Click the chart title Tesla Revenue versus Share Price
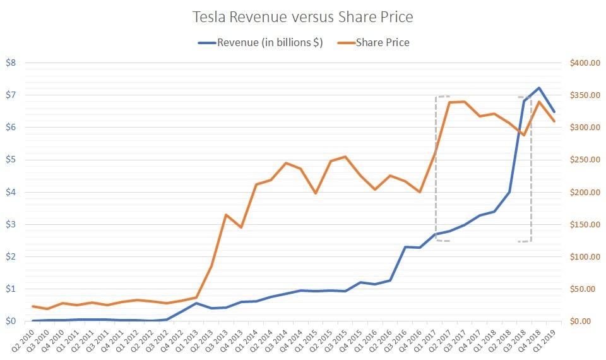pyautogui.click(x=302, y=16)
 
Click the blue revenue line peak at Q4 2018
pyautogui.click(x=538, y=88)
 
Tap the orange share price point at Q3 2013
pyautogui.click(x=226, y=215)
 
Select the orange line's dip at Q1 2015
pyautogui.click(x=316, y=193)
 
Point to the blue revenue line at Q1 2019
pyautogui.click(x=554, y=112)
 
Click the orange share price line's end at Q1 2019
pyautogui.click(x=554, y=121)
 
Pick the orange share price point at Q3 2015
pyautogui.click(x=345, y=157)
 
